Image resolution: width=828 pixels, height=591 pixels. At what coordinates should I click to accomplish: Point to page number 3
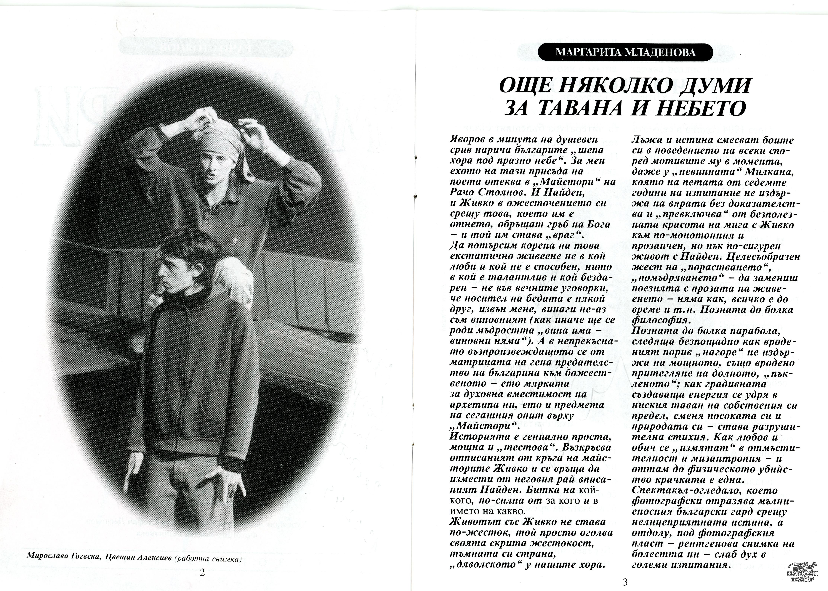click(625, 582)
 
